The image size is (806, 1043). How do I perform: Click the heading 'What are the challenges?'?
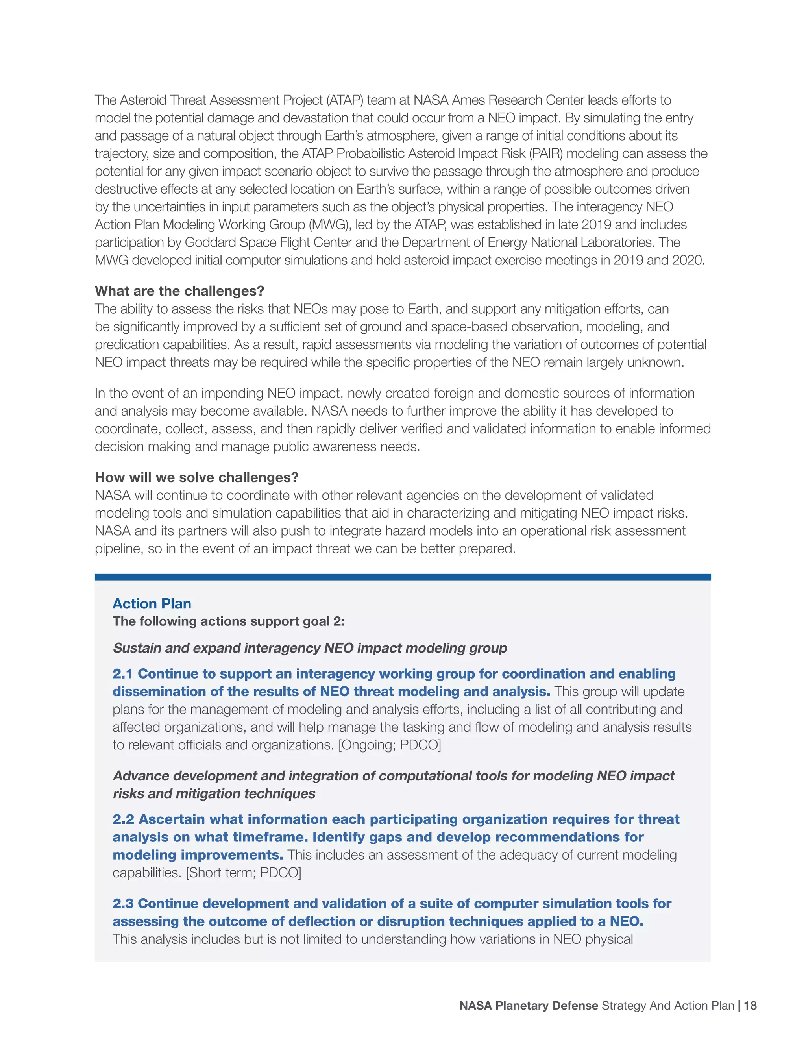click(179, 291)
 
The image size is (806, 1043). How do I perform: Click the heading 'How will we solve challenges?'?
click(196, 477)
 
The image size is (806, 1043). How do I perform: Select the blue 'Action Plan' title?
click(152, 604)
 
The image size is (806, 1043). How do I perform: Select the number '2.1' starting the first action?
click(122, 674)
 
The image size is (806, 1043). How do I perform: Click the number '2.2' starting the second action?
click(123, 819)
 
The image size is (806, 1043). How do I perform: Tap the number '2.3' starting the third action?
click(123, 904)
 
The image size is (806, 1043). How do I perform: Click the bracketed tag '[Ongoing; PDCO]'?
click(390, 745)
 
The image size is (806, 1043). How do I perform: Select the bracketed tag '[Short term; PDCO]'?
click(243, 873)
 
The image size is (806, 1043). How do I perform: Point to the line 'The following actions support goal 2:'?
click(228, 621)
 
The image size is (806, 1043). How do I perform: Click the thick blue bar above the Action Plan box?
click(403, 577)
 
